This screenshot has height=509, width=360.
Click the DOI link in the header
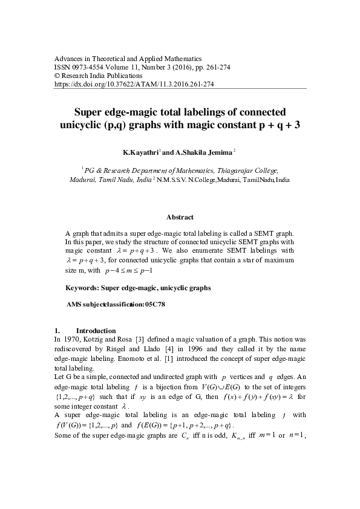(x=134, y=85)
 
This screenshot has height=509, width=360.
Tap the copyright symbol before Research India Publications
(x=57, y=76)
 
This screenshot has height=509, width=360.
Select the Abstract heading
(x=179, y=217)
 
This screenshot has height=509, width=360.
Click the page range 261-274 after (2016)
(x=212, y=66)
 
